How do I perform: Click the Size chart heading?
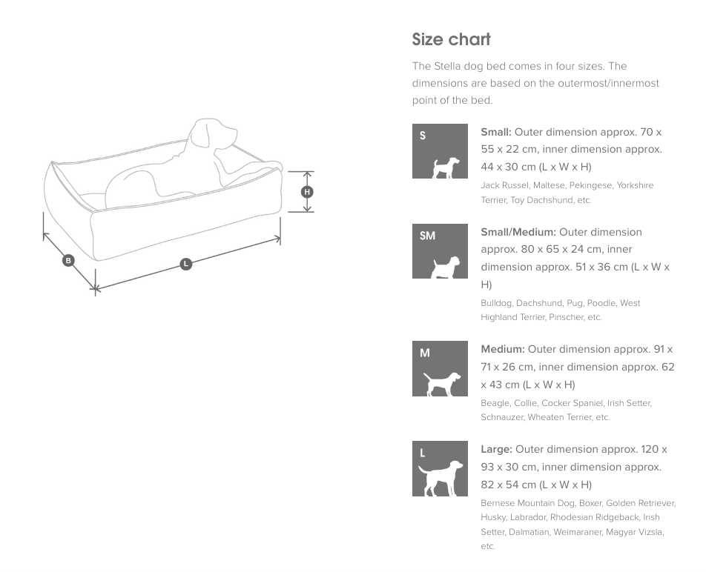pyautogui.click(x=451, y=39)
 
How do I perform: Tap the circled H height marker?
pyautogui.click(x=307, y=192)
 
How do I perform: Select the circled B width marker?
pyautogui.click(x=68, y=260)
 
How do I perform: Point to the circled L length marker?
pyautogui.click(x=186, y=264)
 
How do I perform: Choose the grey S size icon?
pyautogui.click(x=440, y=151)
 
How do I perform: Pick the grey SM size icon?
pyautogui.click(x=440, y=251)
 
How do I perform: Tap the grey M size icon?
pyautogui.click(x=440, y=368)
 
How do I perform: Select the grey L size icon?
pyautogui.click(x=440, y=468)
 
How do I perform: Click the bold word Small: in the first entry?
pyautogui.click(x=495, y=132)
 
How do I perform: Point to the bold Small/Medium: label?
pyautogui.click(x=518, y=232)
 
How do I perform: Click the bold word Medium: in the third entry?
pyautogui.click(x=503, y=350)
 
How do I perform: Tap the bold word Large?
pyautogui.click(x=496, y=449)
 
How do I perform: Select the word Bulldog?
pyautogui.click(x=497, y=303)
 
